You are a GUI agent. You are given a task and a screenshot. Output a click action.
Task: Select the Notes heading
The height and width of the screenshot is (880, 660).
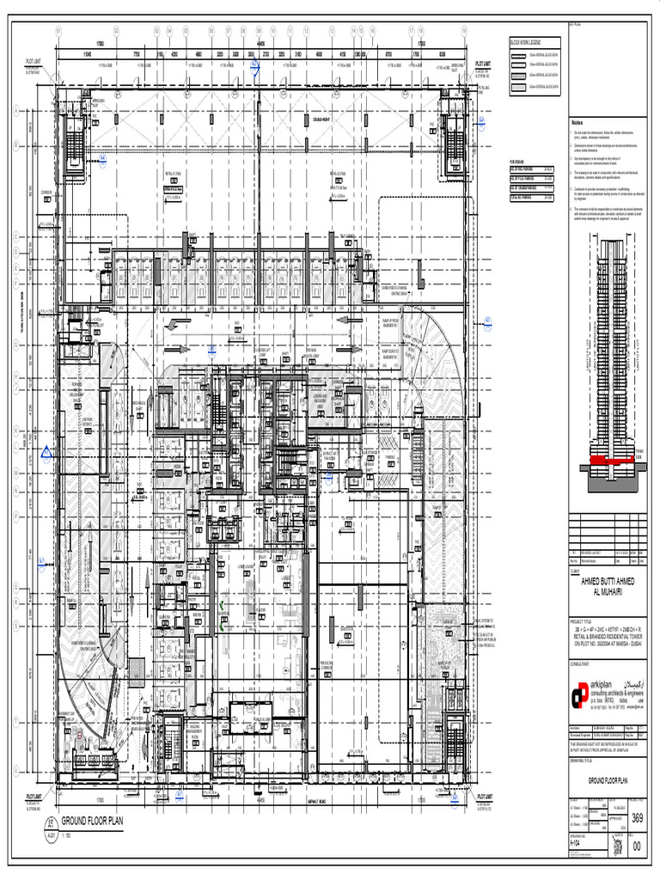click(577, 123)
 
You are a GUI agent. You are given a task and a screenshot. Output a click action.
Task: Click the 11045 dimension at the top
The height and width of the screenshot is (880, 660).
click(87, 54)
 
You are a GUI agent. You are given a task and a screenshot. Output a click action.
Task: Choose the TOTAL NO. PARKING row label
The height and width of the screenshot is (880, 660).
click(525, 197)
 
